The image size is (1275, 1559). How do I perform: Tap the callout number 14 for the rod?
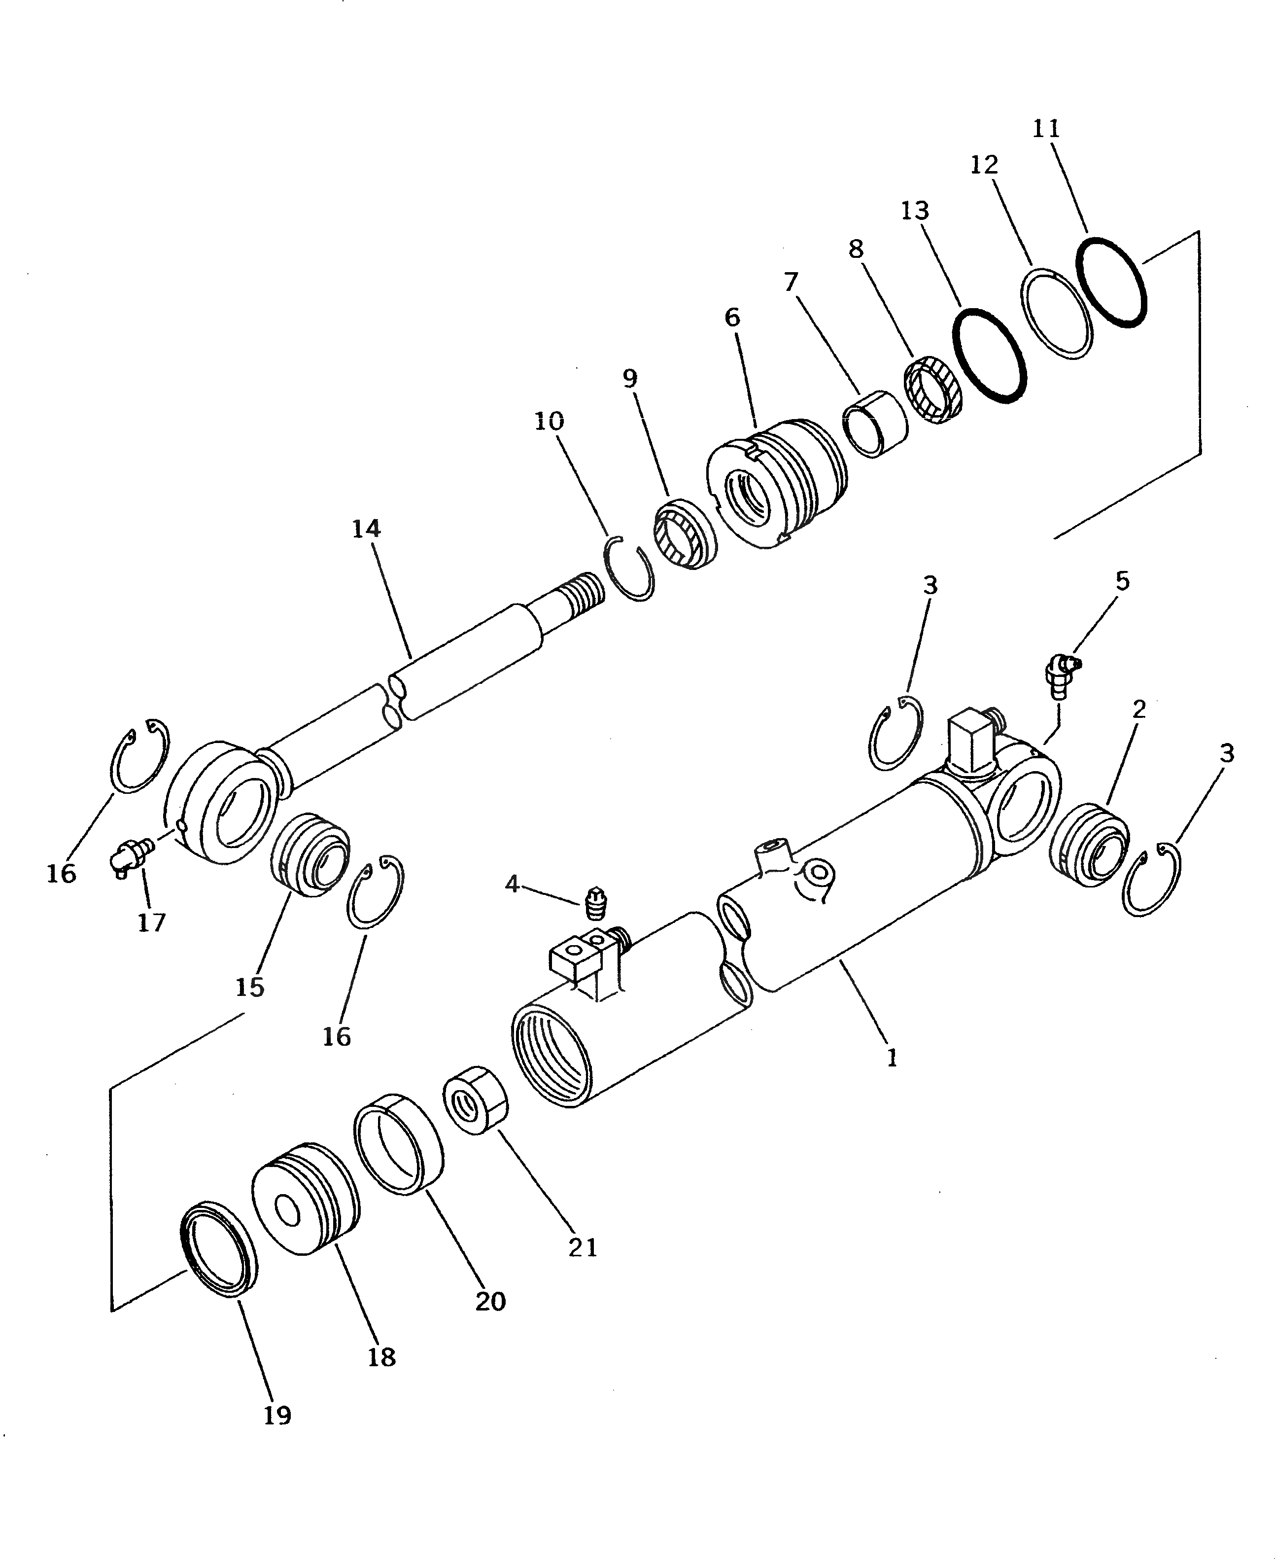pyautogui.click(x=366, y=529)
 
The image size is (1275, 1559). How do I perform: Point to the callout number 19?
pyautogui.click(x=277, y=1415)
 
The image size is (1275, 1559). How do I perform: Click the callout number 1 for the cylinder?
pyautogui.click(x=892, y=1058)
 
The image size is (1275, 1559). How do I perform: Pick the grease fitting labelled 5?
pyautogui.click(x=1061, y=671)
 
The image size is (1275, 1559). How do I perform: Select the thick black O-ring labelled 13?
pyautogui.click(x=989, y=355)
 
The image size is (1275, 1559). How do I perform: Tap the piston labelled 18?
pyautogui.click(x=306, y=1200)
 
